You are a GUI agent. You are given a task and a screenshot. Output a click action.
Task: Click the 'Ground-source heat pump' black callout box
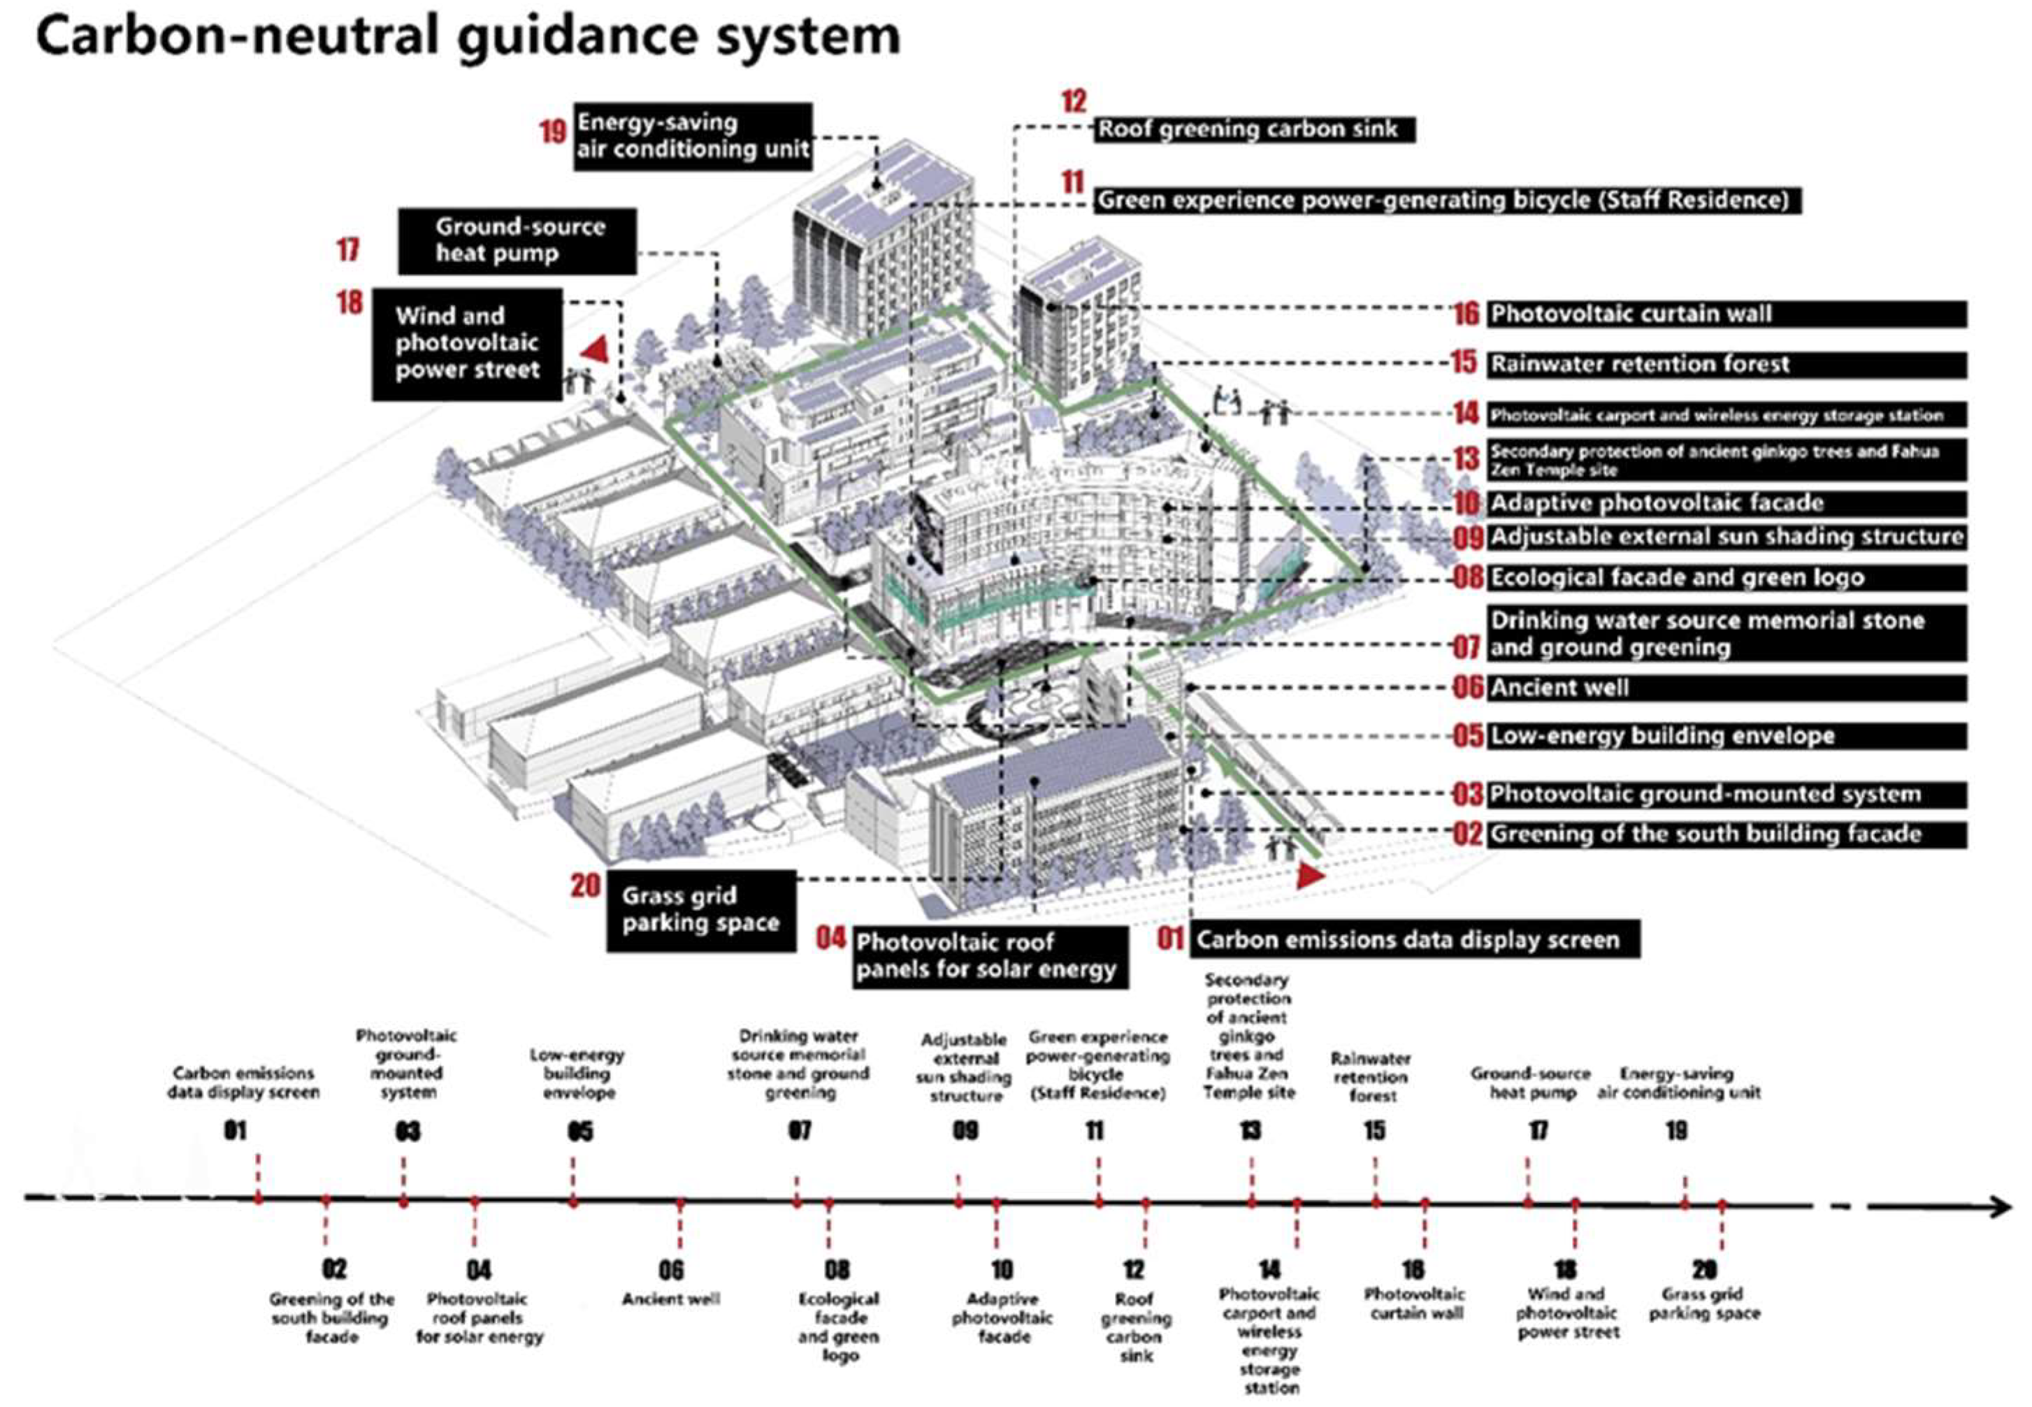517,240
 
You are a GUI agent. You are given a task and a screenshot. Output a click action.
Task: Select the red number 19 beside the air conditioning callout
553,131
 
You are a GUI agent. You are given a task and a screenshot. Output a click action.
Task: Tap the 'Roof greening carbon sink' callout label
1253,129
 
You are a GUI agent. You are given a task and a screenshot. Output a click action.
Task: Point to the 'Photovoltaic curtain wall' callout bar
1724,314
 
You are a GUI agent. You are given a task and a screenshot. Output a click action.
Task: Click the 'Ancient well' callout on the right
1724,688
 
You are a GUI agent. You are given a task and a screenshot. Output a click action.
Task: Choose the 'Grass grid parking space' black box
701,910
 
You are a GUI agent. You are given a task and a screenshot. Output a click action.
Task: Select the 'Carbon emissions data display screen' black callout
1413,940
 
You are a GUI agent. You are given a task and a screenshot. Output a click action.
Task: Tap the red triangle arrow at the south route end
1310,874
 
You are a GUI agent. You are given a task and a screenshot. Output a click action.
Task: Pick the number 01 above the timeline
236,1130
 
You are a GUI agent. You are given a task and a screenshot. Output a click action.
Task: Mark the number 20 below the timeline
1704,1269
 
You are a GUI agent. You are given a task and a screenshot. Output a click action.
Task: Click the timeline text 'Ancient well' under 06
671,1299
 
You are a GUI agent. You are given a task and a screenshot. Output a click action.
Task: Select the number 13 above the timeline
1250,1130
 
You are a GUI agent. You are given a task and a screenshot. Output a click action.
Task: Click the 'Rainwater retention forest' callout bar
1724,364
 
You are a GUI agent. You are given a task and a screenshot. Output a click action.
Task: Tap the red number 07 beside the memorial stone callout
1466,647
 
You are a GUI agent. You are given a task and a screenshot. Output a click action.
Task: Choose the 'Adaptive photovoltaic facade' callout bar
1724,503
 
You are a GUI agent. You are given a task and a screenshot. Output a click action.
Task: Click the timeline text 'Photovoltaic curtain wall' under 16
1415,1303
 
